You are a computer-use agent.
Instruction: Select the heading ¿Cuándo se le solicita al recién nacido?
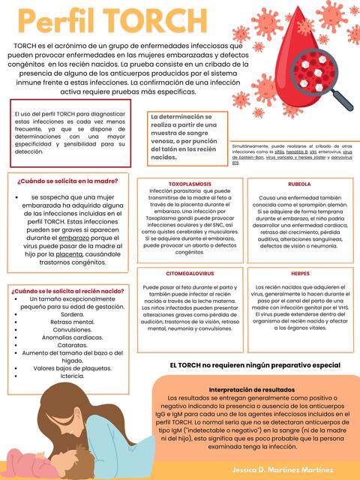67,290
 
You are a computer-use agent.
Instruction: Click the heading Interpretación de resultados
252,391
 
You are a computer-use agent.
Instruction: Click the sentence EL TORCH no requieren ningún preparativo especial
255,364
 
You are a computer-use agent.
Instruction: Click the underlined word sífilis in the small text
279,151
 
